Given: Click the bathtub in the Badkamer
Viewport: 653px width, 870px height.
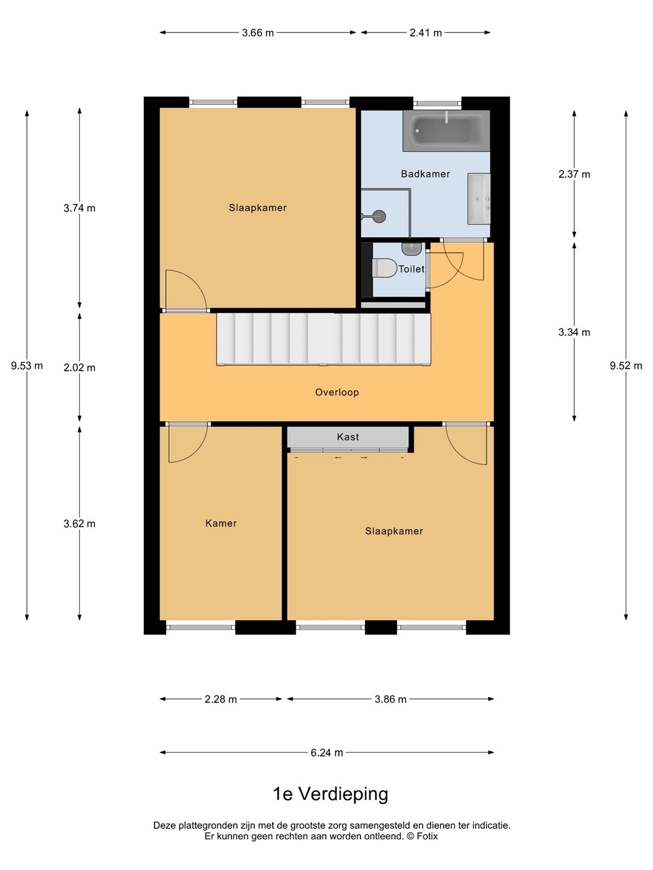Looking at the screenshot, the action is coord(446,130).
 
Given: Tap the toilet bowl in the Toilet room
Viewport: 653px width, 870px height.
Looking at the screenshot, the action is coord(385,268).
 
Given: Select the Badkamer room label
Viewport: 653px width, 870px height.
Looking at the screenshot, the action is coord(425,173).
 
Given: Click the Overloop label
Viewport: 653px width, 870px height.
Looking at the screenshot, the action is coord(337,392).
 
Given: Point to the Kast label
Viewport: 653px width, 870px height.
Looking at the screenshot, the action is coord(348,437).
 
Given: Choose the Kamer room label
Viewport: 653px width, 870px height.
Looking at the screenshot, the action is coord(221,523).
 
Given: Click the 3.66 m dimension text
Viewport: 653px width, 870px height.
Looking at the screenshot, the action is coord(258,33).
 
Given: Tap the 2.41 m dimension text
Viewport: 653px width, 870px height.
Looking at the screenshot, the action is coord(426,33).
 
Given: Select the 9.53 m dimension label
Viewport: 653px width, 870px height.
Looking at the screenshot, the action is coord(27,366).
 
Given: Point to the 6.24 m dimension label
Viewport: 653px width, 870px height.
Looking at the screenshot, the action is coord(326,753).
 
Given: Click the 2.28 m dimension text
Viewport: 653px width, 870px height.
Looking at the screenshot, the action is coord(221,699).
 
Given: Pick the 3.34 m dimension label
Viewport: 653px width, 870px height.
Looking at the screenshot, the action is coord(574,332).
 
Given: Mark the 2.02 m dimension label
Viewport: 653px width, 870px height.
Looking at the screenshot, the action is coord(79,367).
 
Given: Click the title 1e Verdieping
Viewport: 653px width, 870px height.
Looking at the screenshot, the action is coord(330,794).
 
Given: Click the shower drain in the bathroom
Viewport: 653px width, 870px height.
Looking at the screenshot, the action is coord(378,216).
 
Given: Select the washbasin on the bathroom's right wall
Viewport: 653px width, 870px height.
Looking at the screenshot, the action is coord(479,199).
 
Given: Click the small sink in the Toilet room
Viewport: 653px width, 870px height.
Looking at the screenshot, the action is coord(412,249).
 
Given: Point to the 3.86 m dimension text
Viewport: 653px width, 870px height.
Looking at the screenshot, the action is coord(391,699).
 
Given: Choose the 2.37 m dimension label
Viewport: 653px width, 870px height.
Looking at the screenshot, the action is coord(574,174).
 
